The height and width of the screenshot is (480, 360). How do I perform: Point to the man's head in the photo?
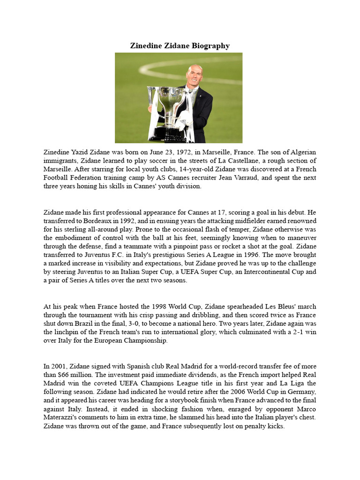coord(194,75)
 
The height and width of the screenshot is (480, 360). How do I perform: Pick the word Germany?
coord(300,391)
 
